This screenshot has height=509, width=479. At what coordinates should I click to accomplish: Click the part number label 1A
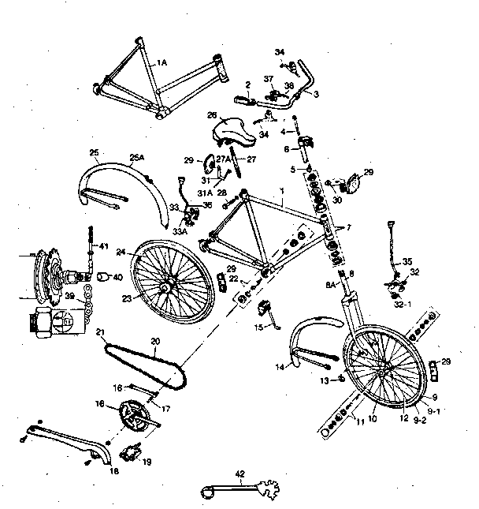click(x=163, y=62)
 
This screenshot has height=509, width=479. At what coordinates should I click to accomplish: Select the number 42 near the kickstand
click(x=240, y=474)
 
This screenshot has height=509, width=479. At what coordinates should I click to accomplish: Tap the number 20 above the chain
click(x=155, y=342)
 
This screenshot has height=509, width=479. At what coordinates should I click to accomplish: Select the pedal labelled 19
click(x=129, y=453)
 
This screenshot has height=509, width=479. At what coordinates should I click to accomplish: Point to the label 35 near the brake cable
click(x=407, y=261)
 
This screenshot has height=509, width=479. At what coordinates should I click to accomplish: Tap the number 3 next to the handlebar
click(x=316, y=95)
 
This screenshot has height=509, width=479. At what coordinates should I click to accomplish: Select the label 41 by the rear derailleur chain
click(x=102, y=247)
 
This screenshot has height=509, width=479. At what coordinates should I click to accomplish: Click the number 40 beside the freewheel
click(x=117, y=278)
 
